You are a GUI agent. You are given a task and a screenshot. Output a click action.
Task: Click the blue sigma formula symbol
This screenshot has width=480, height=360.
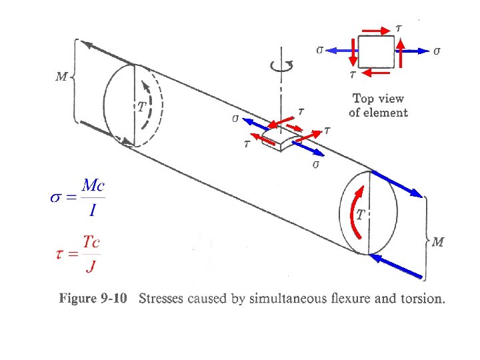point(55,197)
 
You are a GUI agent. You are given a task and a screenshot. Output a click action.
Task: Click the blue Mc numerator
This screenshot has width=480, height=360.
point(93,185)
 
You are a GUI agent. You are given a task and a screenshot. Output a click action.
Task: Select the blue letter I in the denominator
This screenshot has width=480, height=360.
point(93,210)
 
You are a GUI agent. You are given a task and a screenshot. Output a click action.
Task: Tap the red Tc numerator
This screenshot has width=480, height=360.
point(91,242)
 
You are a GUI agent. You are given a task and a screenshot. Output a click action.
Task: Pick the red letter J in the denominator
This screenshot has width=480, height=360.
point(91,266)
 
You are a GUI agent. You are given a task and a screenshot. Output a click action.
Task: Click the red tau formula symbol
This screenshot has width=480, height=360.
point(60,255)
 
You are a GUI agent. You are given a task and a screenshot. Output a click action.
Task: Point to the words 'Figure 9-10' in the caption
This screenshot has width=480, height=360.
point(93,298)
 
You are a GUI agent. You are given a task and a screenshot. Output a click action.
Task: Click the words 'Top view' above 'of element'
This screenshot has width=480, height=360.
point(378,99)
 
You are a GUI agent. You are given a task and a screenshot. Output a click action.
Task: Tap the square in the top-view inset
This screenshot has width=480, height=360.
point(376,52)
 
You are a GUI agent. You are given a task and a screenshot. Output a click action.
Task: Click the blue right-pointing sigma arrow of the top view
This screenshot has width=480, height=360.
point(412,51)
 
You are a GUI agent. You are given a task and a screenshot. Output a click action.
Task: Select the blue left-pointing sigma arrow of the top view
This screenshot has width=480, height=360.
point(341,51)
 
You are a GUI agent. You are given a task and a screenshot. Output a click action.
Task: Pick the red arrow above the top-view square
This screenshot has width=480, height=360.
point(376,31)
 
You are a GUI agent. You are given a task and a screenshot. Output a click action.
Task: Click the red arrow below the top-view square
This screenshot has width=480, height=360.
point(375,73)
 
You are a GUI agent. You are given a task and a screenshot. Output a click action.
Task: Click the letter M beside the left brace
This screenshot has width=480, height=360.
point(61,76)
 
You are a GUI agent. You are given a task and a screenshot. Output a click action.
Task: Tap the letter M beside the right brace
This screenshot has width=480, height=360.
point(438,242)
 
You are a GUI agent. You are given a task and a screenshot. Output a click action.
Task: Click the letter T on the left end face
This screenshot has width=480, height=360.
point(142,107)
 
